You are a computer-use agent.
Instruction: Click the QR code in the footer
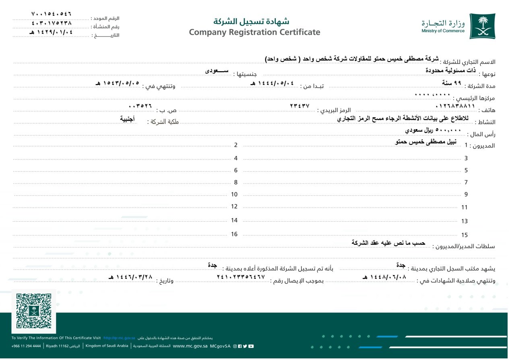point(34,311)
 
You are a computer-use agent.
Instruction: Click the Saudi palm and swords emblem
point(482,26)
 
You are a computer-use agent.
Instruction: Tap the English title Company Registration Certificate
point(254,32)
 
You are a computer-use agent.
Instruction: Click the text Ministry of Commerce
point(443,31)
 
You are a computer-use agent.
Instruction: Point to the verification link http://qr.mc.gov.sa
point(119,338)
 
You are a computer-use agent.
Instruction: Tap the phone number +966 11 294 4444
point(26,346)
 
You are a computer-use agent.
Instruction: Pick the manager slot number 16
point(234,234)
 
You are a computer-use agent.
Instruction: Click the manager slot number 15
point(465,235)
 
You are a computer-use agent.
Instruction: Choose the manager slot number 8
point(236,182)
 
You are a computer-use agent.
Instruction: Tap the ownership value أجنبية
point(128,119)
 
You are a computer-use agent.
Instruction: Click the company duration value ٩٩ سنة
point(451,83)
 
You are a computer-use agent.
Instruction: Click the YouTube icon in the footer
point(251,346)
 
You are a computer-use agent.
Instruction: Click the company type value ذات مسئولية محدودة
point(451,70)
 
